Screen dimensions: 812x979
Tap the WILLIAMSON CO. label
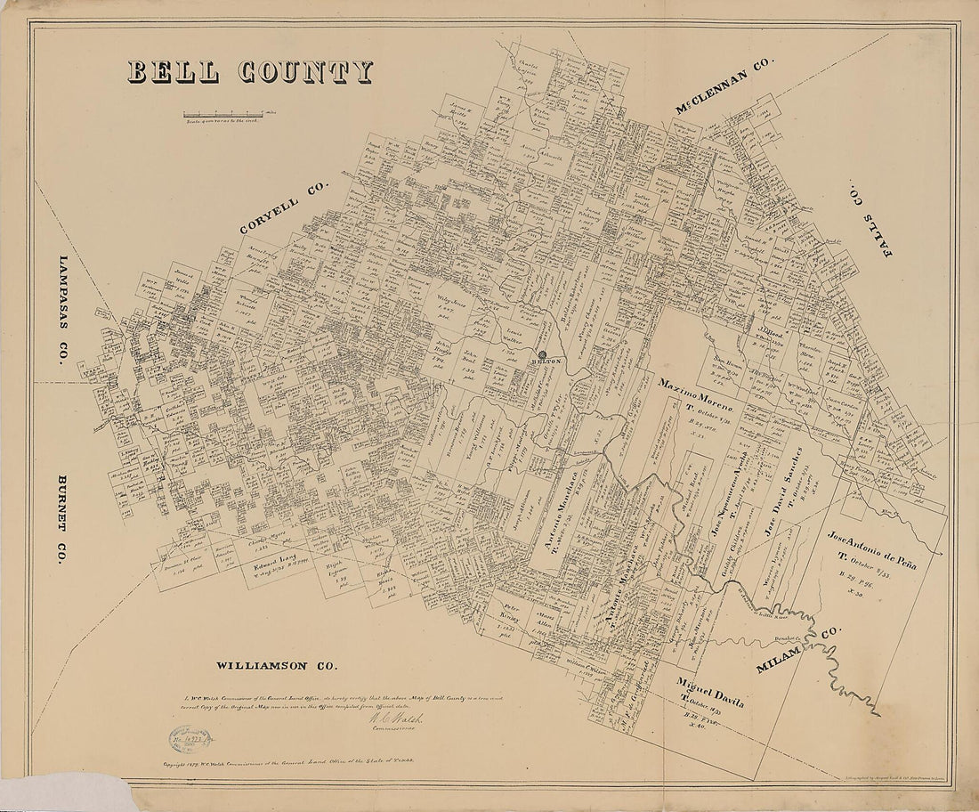tap(276, 665)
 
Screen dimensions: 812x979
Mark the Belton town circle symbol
tap(542, 354)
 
